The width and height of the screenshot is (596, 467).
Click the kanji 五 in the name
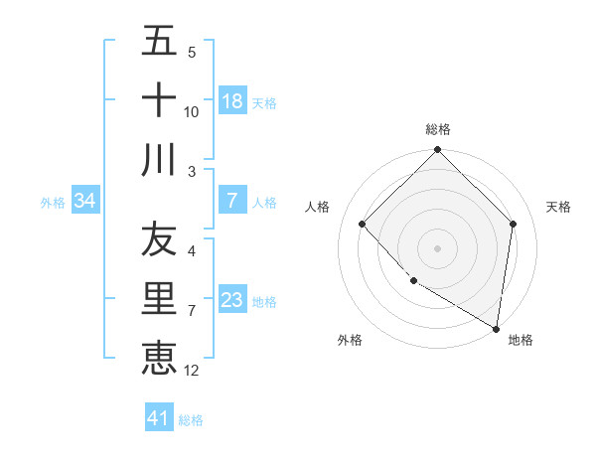tap(159, 42)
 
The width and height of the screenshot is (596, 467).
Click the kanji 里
tap(159, 299)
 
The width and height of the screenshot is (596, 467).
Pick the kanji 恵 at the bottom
tap(159, 358)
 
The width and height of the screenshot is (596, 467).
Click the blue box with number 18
tap(232, 101)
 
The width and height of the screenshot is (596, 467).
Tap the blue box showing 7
tap(232, 201)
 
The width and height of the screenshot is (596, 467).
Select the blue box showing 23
tap(232, 300)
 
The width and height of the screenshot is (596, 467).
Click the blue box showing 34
tap(85, 201)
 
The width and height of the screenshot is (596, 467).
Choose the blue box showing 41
tap(159, 418)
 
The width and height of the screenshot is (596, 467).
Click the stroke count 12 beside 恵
tap(192, 371)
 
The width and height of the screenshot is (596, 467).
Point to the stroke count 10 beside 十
tap(192, 112)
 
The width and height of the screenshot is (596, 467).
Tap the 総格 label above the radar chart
tap(438, 129)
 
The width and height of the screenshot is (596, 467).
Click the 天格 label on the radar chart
tap(559, 207)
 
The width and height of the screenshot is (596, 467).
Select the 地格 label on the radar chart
tap(521, 340)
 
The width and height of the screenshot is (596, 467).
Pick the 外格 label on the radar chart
tap(350, 340)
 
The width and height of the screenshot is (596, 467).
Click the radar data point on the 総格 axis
tap(438, 151)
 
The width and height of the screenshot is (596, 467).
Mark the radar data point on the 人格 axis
tap(363, 225)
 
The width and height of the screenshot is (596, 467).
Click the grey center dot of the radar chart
tap(438, 248)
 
